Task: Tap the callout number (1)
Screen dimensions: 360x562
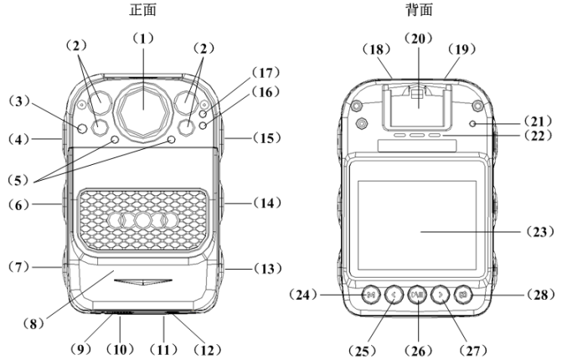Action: coord(142,39)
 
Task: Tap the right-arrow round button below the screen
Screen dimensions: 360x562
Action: coord(439,295)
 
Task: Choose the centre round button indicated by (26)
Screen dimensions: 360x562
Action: coord(416,295)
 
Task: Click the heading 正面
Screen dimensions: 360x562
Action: coord(142,10)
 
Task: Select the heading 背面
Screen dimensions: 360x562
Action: coord(416,10)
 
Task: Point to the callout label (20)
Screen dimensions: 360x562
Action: coord(416,38)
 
